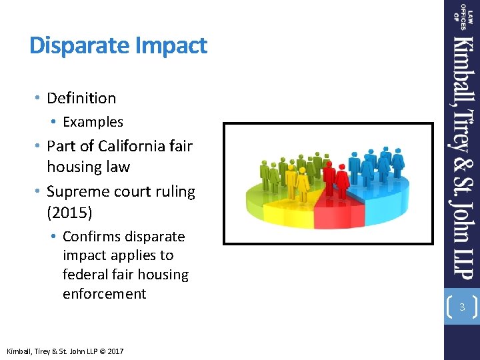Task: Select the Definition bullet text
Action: [81, 98]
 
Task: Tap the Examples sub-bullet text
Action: [93, 122]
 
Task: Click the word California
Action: [130, 146]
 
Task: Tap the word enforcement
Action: [104, 293]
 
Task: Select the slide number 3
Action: [461, 307]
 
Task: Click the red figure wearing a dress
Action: [343, 179]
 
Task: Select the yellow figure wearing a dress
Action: [303, 181]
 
